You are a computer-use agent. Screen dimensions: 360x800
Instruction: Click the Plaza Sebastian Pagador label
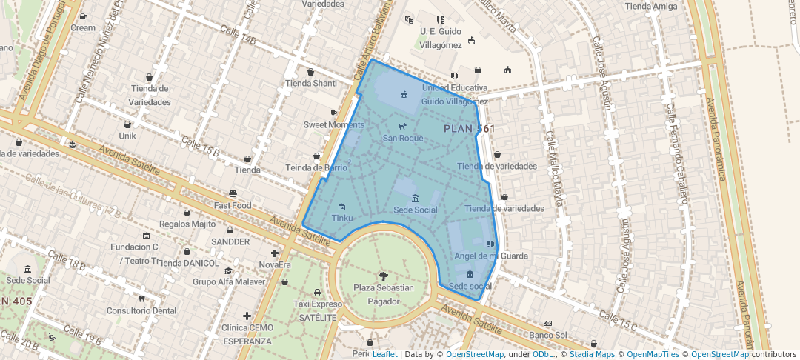point(383,294)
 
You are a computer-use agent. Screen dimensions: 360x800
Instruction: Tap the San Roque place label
point(402,138)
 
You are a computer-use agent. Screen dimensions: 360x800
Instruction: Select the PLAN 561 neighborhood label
point(469,129)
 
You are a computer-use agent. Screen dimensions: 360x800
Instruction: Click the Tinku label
point(341,219)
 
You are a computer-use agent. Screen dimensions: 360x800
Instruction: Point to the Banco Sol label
point(549,336)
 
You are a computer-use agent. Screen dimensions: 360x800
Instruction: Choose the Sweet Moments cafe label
point(334,124)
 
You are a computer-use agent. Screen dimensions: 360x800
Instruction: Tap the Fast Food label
point(233,205)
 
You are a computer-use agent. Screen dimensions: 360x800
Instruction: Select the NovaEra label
point(275,264)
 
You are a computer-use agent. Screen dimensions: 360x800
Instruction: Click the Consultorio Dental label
point(141,310)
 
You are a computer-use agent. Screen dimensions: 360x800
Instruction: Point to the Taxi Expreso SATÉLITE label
point(317,310)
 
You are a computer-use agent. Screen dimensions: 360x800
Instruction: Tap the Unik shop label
point(127,136)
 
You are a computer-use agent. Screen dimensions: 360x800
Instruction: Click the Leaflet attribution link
point(384,354)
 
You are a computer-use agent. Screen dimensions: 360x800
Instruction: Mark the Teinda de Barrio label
point(317,168)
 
